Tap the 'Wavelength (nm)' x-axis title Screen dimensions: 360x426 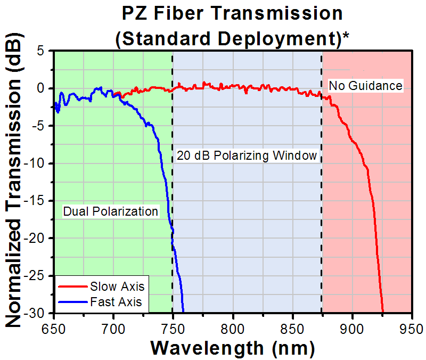coord(232,348)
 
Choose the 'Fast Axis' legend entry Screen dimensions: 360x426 coord(116,302)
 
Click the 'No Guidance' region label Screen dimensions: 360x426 coord(365,85)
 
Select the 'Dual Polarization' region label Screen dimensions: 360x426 coord(111,211)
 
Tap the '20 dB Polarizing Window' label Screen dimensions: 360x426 coord(247,156)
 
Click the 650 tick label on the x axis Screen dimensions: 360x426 coord(54,326)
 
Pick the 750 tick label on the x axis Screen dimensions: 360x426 coord(173,326)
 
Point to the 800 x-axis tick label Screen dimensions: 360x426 coord(233,326)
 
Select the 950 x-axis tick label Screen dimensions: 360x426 coord(411,326)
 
